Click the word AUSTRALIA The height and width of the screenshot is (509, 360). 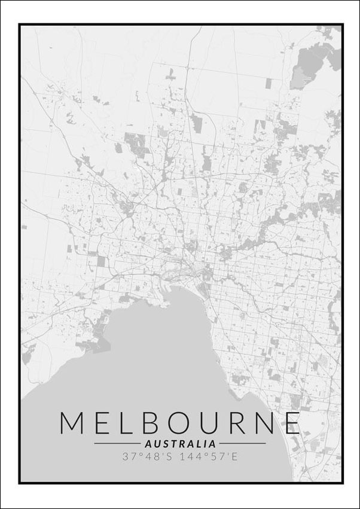tap(180, 444)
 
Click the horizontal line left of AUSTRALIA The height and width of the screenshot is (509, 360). tap(118, 444)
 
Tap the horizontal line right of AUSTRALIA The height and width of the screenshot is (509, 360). tap(242, 444)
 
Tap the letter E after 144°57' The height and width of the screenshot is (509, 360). tap(234, 456)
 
